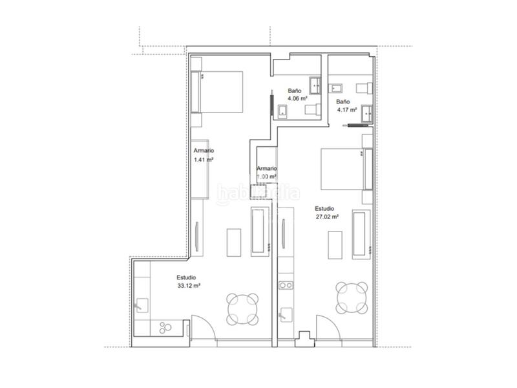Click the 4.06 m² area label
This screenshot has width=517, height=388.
(x=297, y=99)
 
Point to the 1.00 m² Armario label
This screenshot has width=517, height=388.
(x=266, y=176)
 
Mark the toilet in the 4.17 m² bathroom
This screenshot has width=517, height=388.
(x=359, y=88)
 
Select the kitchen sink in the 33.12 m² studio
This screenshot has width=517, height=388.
(x=142, y=302)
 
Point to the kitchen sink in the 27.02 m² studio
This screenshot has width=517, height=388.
(x=284, y=316)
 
